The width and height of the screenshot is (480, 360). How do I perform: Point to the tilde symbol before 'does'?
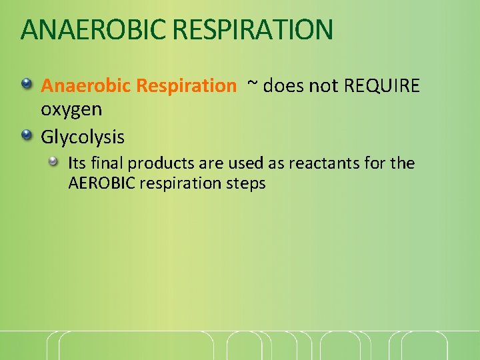[252, 85]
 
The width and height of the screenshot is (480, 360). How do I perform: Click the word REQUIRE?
[382, 86]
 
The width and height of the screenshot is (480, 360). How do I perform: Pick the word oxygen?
[71, 109]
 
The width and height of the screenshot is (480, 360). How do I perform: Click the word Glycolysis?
[83, 137]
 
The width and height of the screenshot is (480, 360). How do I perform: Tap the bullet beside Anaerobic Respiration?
[27, 85]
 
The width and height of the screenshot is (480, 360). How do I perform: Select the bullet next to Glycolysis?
[27, 136]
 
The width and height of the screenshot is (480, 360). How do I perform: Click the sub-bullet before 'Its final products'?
[53, 162]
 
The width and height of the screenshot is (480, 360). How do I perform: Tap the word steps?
[246, 184]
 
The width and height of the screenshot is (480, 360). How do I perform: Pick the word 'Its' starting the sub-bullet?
[77, 163]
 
